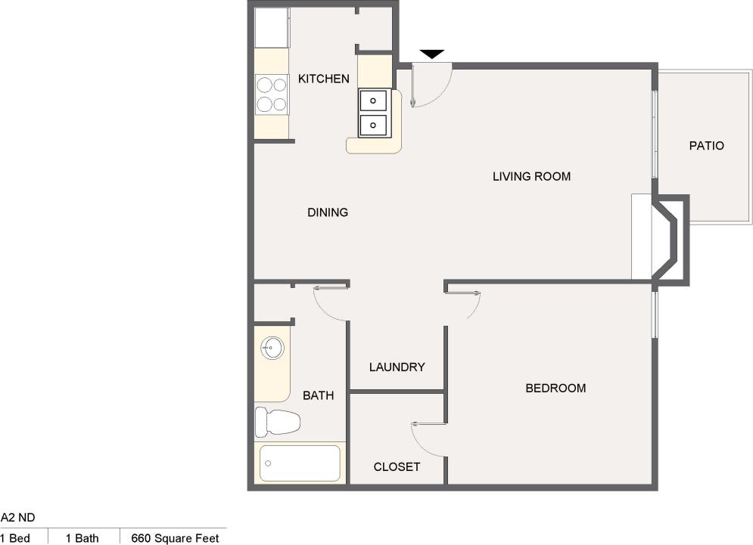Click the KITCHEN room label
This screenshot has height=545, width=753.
coord(323,79)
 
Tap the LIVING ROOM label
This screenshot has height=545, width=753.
coord(531,177)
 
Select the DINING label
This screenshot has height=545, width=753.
coord(328,212)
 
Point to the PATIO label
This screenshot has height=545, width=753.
coord(706,146)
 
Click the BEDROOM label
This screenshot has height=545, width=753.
coord(555,389)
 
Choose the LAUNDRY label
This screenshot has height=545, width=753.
coord(397,367)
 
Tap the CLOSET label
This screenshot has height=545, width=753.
coord(397,467)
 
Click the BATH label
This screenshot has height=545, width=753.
coord(318,395)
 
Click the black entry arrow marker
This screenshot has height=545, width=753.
coord(432,54)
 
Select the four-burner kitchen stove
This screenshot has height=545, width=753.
coord(272,94)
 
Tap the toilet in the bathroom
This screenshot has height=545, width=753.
coord(277,422)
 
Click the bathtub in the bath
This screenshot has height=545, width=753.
coord(300,463)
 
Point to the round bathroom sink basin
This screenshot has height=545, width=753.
coord(272,348)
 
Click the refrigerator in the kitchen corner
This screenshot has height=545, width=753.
coord(271,27)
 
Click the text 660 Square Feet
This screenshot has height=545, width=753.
coord(175,538)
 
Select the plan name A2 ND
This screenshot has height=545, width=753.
coord(17,518)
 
